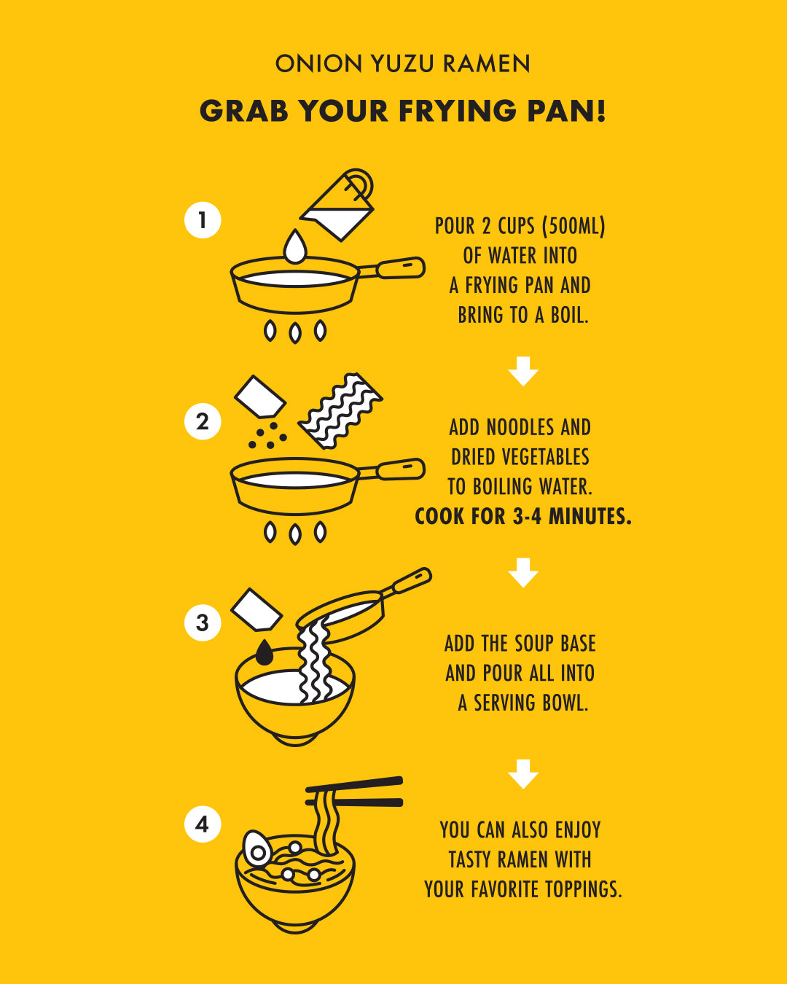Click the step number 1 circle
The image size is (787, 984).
pyautogui.click(x=203, y=220)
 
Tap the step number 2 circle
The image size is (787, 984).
pyautogui.click(x=203, y=421)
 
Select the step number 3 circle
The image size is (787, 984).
pyautogui.click(x=203, y=622)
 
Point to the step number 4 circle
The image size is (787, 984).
pyautogui.click(x=203, y=824)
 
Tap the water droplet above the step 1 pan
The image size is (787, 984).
pyautogui.click(x=295, y=247)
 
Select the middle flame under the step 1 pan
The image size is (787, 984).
pyautogui.click(x=295, y=332)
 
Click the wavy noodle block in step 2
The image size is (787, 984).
pyautogui.click(x=341, y=411)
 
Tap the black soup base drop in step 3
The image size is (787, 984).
pyautogui.click(x=264, y=652)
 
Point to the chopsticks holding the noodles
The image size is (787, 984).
pyautogui.click(x=354, y=791)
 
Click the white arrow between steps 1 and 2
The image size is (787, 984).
pyautogui.click(x=523, y=371)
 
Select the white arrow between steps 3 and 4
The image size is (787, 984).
pyautogui.click(x=523, y=774)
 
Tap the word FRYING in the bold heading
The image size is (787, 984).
pyautogui.click(x=458, y=111)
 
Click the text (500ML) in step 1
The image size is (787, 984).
pyautogui.click(x=574, y=226)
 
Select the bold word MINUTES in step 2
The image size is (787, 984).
pyautogui.click(x=590, y=516)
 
